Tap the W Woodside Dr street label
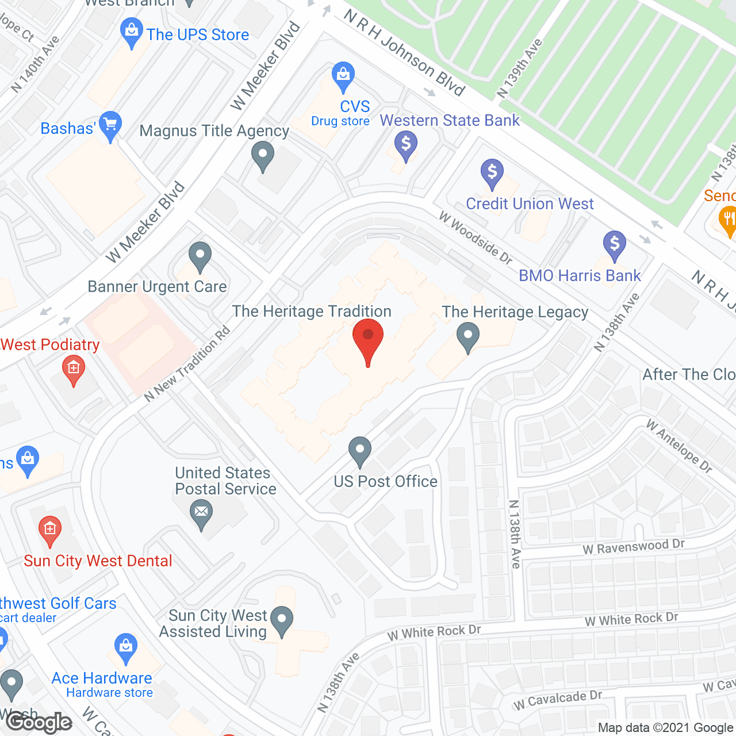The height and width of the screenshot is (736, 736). (476, 237)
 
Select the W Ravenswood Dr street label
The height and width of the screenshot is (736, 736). (634, 547)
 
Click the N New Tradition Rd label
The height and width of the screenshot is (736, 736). (187, 364)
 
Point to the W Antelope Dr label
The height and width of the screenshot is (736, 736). (679, 446)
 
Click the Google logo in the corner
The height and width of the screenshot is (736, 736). (39, 722)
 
